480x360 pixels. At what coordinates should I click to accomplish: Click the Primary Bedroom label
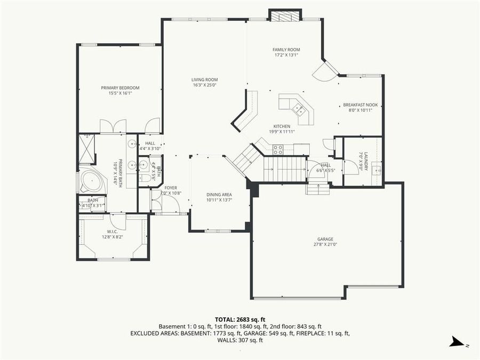120,88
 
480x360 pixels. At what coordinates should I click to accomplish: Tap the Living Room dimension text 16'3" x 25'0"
204,86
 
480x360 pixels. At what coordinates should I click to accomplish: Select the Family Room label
286,50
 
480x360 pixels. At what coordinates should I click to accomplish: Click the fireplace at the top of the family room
285,15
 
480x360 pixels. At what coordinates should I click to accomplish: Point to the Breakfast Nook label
360,105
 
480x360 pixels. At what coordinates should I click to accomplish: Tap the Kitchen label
282,126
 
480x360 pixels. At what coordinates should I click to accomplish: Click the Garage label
325,239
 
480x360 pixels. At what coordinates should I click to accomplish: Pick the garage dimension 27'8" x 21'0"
325,245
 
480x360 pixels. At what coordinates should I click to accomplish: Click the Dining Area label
219,195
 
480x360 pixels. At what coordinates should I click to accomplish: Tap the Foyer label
170,188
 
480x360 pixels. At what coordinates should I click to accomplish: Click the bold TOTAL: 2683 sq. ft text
240,318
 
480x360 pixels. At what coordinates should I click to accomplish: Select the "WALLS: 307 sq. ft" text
240,340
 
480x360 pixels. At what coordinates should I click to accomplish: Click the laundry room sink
376,171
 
